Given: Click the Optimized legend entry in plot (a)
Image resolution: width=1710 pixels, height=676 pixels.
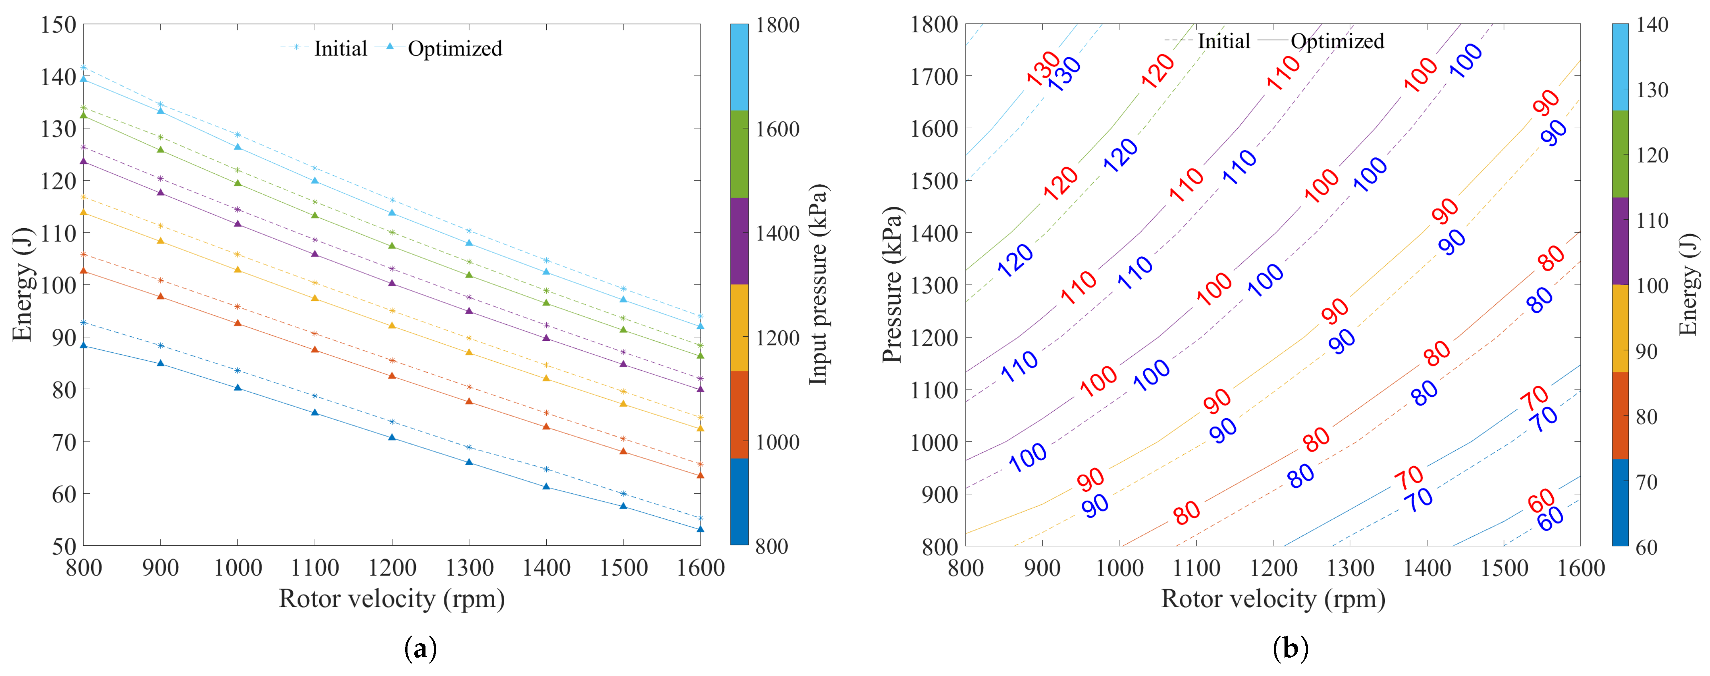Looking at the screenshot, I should (x=454, y=48).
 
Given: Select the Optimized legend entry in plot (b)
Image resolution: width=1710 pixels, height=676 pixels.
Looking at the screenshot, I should (x=1336, y=41).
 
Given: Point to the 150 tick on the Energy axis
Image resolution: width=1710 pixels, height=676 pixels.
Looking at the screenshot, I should (x=58, y=24).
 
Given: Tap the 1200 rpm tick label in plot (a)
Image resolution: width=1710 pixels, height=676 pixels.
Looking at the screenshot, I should (x=392, y=568).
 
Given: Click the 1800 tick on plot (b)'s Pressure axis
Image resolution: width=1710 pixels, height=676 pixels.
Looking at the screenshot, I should (x=933, y=24).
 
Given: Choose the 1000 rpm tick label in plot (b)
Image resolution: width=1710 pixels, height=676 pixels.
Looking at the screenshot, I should (x=1119, y=568).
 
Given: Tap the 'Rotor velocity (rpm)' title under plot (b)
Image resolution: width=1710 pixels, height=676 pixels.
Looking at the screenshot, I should (x=1273, y=598).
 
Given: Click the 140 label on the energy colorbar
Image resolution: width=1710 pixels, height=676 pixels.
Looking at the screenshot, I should (x=1652, y=24).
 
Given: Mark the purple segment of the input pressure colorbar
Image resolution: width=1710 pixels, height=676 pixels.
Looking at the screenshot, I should (x=739, y=241).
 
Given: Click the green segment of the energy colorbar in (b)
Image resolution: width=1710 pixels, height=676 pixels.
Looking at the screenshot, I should (x=1620, y=154).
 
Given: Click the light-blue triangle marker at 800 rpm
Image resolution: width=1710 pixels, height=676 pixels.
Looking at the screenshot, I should (x=84, y=79).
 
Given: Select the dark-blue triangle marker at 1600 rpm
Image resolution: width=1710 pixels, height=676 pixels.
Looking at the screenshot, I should (x=700, y=529).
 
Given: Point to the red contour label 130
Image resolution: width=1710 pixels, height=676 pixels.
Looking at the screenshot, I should (x=1043, y=68).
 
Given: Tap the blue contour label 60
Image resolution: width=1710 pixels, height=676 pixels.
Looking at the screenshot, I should (x=1551, y=519).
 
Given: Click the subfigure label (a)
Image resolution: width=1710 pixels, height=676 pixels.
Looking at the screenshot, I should (x=420, y=648).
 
